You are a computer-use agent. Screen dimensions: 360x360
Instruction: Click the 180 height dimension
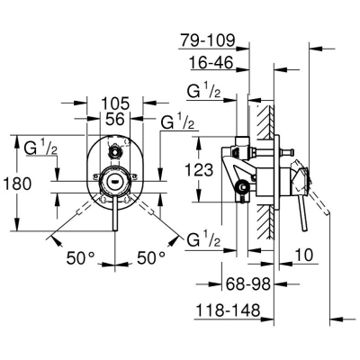pyautogui.click(x=17, y=184)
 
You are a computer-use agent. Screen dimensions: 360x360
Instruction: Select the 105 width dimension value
pyautogui.click(x=115, y=103)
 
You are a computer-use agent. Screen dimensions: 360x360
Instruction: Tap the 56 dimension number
pyautogui.click(x=115, y=119)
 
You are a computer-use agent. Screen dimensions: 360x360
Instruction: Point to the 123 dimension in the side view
pyautogui.click(x=198, y=170)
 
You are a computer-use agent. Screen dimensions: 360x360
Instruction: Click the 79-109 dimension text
pyautogui.click(x=207, y=40)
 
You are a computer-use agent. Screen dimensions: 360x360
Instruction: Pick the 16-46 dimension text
pyautogui.click(x=211, y=63)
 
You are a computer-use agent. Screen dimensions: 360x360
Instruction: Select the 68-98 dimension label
pyautogui.click(x=248, y=283)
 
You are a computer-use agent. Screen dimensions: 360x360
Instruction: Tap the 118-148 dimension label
pyautogui.click(x=227, y=310)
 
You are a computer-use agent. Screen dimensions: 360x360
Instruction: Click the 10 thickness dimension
pyautogui.click(x=303, y=256)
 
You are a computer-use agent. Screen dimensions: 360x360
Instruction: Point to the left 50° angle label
pyautogui.click(x=80, y=257)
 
